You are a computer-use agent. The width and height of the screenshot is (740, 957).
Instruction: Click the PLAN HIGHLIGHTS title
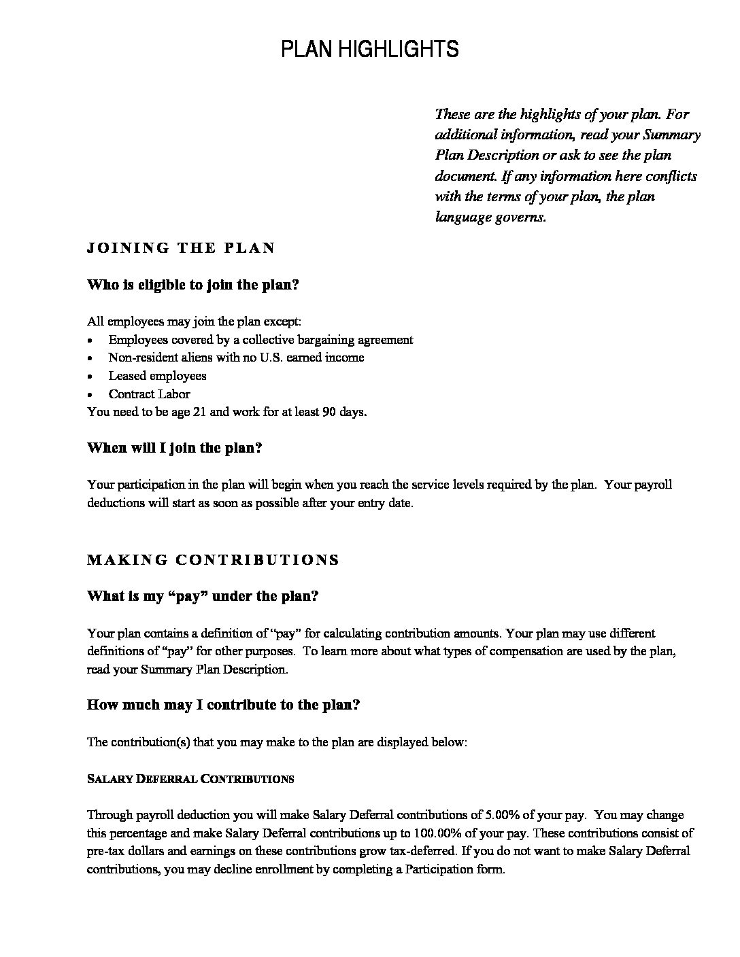pos(370,50)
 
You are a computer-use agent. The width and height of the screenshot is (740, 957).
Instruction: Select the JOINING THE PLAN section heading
pos(181,248)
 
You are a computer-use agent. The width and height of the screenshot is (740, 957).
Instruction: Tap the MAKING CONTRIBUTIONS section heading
pos(213,560)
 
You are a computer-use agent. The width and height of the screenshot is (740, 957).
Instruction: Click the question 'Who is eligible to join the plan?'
pos(193,285)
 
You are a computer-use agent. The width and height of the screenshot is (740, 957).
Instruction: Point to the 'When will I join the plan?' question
pos(175,448)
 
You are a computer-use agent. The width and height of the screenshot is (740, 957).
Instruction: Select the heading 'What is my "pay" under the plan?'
pos(203,596)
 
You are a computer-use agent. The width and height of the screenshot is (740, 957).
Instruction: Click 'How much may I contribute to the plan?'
pos(223,705)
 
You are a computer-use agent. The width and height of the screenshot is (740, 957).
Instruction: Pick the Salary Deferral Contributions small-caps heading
pos(190,779)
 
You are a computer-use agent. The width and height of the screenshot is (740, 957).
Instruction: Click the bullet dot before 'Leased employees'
pos(91,377)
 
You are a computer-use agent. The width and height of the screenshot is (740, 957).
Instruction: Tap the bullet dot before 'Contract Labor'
pos(91,395)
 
